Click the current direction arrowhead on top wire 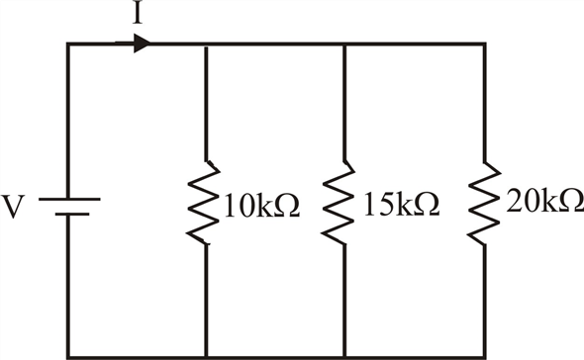[x=143, y=44]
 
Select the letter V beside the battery [x=14, y=208]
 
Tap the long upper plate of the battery [x=68, y=197]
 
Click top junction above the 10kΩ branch [x=206, y=45]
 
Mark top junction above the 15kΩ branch [x=343, y=45]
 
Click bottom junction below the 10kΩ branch [x=206, y=356]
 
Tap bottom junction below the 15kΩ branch [x=343, y=356]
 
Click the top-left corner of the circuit [x=68, y=45]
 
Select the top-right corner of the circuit [x=484, y=45]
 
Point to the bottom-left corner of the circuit [x=68, y=356]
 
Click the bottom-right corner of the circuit [x=484, y=356]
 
